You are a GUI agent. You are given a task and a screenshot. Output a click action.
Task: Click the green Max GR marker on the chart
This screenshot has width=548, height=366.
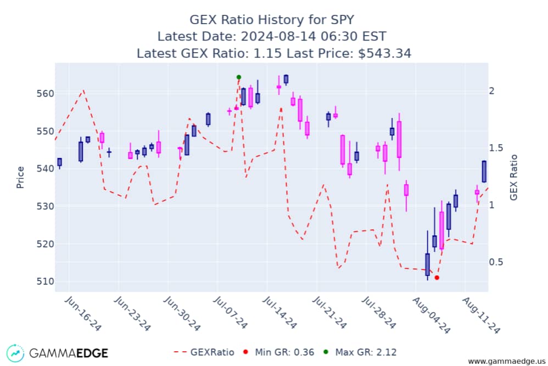pos(239,77)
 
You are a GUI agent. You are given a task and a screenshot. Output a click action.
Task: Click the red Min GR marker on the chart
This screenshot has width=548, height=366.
pos(437,278)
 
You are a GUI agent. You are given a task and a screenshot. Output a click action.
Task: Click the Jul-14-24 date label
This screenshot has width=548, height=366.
pos(279,312)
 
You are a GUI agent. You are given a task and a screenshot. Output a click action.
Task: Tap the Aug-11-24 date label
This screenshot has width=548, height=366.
pos(481,312)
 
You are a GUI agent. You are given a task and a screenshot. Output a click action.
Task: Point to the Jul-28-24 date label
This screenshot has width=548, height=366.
pos(380,312)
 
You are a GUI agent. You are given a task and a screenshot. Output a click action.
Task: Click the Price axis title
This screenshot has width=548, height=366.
pos(20,177)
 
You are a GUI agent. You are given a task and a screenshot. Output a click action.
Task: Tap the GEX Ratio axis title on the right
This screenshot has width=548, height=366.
pos(514,177)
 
